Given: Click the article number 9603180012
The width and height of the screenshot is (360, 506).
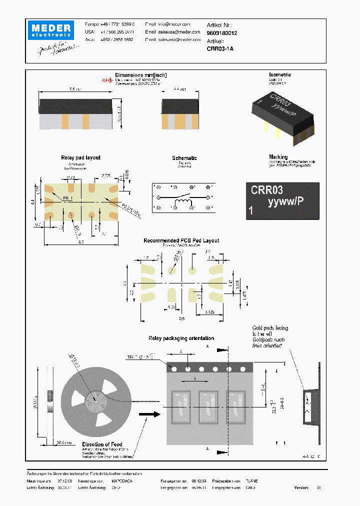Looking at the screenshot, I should (222, 32).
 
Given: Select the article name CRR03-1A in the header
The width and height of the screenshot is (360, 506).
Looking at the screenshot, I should (220, 48).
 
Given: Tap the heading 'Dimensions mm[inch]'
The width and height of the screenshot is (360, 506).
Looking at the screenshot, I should (141, 75).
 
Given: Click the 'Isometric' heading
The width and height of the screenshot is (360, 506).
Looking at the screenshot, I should (280, 74).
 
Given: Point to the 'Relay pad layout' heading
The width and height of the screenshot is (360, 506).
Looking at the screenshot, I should (80, 157).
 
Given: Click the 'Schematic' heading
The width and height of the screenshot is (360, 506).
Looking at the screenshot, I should (184, 158).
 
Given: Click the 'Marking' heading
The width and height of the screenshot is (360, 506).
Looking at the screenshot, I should (278, 157).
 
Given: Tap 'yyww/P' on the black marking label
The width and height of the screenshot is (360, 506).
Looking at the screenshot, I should (285, 202).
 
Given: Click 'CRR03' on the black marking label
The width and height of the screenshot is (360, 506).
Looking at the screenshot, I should (266, 190).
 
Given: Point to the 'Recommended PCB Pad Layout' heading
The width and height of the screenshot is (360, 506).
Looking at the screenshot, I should (181, 240).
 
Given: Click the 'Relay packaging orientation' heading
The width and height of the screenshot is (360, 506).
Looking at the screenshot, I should (181, 338).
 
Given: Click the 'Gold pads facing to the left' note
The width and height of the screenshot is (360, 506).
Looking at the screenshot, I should (270, 330).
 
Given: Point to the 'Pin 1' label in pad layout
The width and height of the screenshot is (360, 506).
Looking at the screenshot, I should (68, 198).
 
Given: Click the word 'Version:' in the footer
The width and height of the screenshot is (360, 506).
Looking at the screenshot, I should (301, 487).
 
